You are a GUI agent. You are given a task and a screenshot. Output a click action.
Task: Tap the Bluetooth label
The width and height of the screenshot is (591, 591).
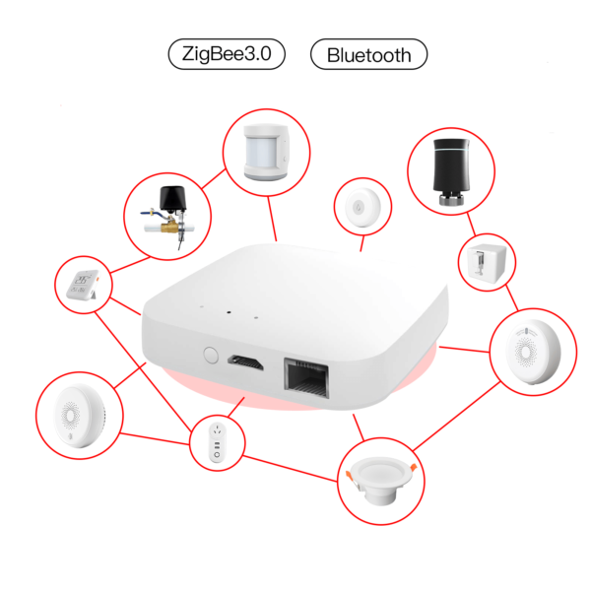[368, 54]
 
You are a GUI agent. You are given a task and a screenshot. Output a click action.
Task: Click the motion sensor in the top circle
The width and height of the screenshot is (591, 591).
[266, 156]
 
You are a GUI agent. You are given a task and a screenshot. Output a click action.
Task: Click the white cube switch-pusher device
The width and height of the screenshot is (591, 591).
[486, 262]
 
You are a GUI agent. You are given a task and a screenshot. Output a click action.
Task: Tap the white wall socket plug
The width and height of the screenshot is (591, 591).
[219, 441]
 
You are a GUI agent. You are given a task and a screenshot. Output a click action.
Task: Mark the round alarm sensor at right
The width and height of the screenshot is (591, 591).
[529, 353]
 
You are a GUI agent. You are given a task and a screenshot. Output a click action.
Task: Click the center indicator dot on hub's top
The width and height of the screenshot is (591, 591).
[227, 312]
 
